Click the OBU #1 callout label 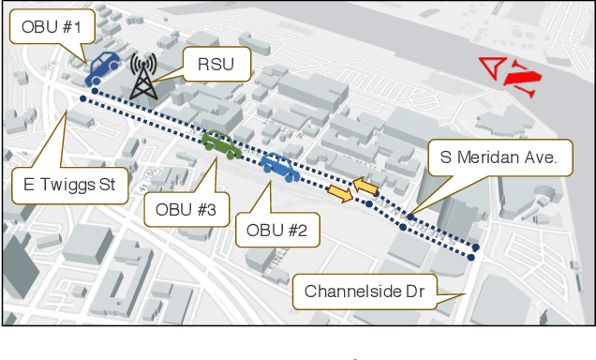[52, 28]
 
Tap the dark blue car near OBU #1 [101, 66]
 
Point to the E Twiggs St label [69, 186]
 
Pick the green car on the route [222, 143]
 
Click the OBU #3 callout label [187, 211]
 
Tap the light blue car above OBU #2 [279, 167]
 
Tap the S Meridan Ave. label [498, 157]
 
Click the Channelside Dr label [365, 292]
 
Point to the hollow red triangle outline [490, 68]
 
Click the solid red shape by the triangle [521, 77]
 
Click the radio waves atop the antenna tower [143, 65]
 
